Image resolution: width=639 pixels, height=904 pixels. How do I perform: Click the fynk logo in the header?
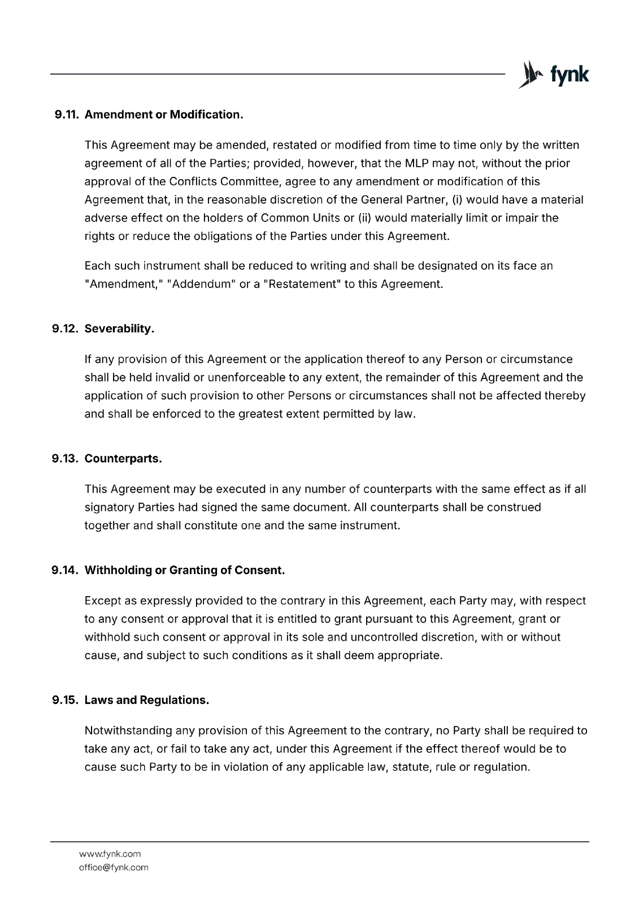pyautogui.click(x=553, y=75)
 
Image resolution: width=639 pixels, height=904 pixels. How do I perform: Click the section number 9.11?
pyautogui.click(x=68, y=115)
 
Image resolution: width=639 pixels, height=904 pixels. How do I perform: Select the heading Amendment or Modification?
pyautogui.click(x=164, y=115)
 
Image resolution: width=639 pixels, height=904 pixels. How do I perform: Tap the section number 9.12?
pyautogui.click(x=67, y=329)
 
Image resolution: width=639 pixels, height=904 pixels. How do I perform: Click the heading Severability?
pyautogui.click(x=119, y=329)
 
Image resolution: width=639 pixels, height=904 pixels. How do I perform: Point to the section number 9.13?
pyautogui.click(x=67, y=459)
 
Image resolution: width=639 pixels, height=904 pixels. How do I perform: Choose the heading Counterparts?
pyautogui.click(x=123, y=459)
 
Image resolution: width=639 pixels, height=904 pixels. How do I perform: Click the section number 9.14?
pyautogui.click(x=67, y=571)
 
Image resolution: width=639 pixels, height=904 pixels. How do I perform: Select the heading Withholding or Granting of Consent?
pyautogui.click(x=184, y=571)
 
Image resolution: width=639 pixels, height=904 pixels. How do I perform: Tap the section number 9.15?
pyautogui.click(x=67, y=701)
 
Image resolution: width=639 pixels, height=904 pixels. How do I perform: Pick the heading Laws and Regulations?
pyautogui.click(x=147, y=701)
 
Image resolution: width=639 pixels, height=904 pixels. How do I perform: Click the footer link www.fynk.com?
pyautogui.click(x=110, y=854)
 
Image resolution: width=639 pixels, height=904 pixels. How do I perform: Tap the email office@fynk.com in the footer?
pyautogui.click(x=114, y=867)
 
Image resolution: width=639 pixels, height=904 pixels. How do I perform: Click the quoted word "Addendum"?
pyautogui.click(x=201, y=284)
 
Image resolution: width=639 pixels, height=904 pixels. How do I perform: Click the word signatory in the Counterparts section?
pyautogui.click(x=109, y=507)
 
